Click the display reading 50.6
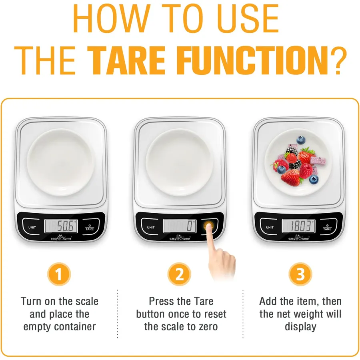[61, 226]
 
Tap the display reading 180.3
[298, 226]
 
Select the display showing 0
[180, 226]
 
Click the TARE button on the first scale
[90, 228]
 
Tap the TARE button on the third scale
[327, 228]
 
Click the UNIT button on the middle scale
[151, 227]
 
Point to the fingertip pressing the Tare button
[209, 226]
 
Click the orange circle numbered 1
[59, 274]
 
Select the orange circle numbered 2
[179, 274]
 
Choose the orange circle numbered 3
[300, 274]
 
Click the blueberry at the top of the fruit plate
[301, 140]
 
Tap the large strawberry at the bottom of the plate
[291, 178]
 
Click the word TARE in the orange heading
[126, 60]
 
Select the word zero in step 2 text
[208, 327]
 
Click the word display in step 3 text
[300, 327]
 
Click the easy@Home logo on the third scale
[298, 238]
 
